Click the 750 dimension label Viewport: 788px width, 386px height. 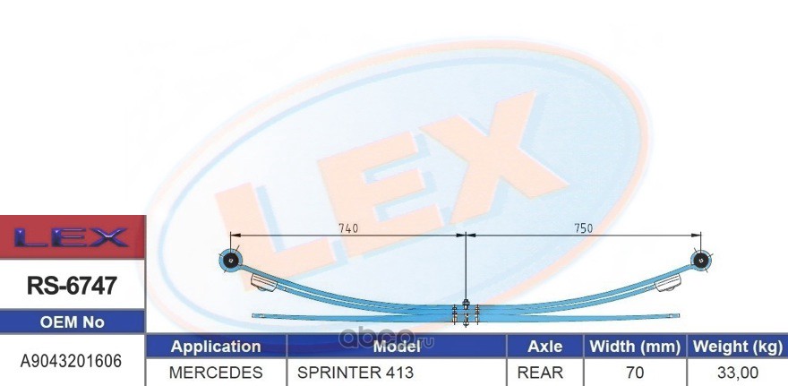point(583,228)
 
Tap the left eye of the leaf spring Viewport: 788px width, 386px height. point(232,261)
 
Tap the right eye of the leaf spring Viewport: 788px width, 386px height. point(699,261)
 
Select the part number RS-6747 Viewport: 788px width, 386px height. point(72,287)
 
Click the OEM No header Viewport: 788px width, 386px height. point(72,322)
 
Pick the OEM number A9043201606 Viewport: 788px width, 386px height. point(72,361)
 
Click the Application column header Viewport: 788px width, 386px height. point(216,347)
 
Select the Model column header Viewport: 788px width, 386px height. point(397,347)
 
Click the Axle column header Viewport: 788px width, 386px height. point(545,347)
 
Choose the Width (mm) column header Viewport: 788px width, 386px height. point(635,347)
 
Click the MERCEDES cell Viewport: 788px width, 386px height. point(216,372)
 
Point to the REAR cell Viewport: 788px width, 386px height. point(545,372)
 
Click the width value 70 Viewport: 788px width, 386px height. point(635,372)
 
